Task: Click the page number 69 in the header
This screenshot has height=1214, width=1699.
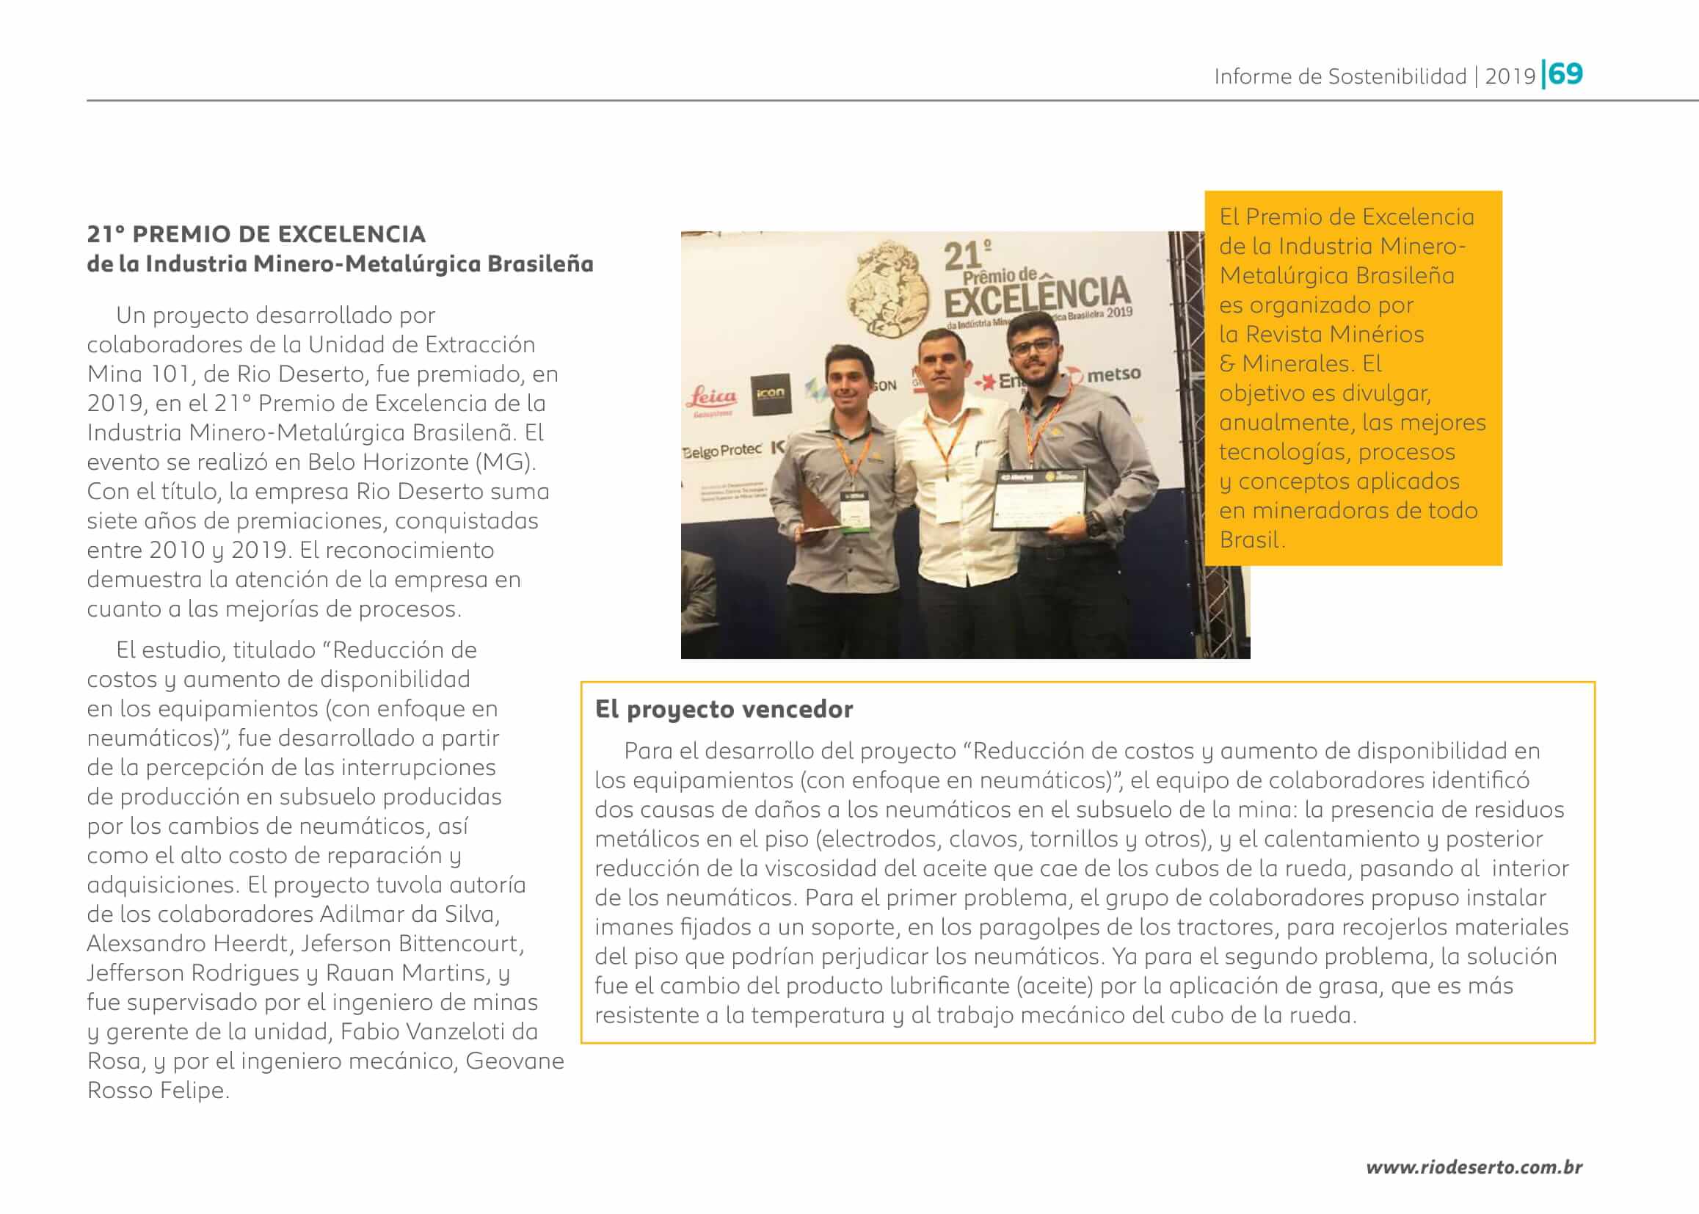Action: coord(1566,74)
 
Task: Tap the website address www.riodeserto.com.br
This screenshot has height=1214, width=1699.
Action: coord(1473,1167)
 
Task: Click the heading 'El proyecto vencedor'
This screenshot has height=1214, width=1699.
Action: coord(724,709)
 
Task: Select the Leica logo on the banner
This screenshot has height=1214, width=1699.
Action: coord(712,399)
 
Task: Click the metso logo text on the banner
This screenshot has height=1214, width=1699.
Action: coord(1113,374)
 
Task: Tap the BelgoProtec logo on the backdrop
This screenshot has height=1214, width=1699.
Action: coord(721,451)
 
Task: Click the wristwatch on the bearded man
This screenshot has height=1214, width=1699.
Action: coord(1096,524)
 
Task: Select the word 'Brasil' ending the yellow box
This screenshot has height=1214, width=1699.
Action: coord(1250,539)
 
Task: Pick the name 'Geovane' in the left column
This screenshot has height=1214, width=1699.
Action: coord(514,1061)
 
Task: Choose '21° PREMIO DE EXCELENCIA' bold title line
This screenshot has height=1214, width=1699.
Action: coord(256,234)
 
